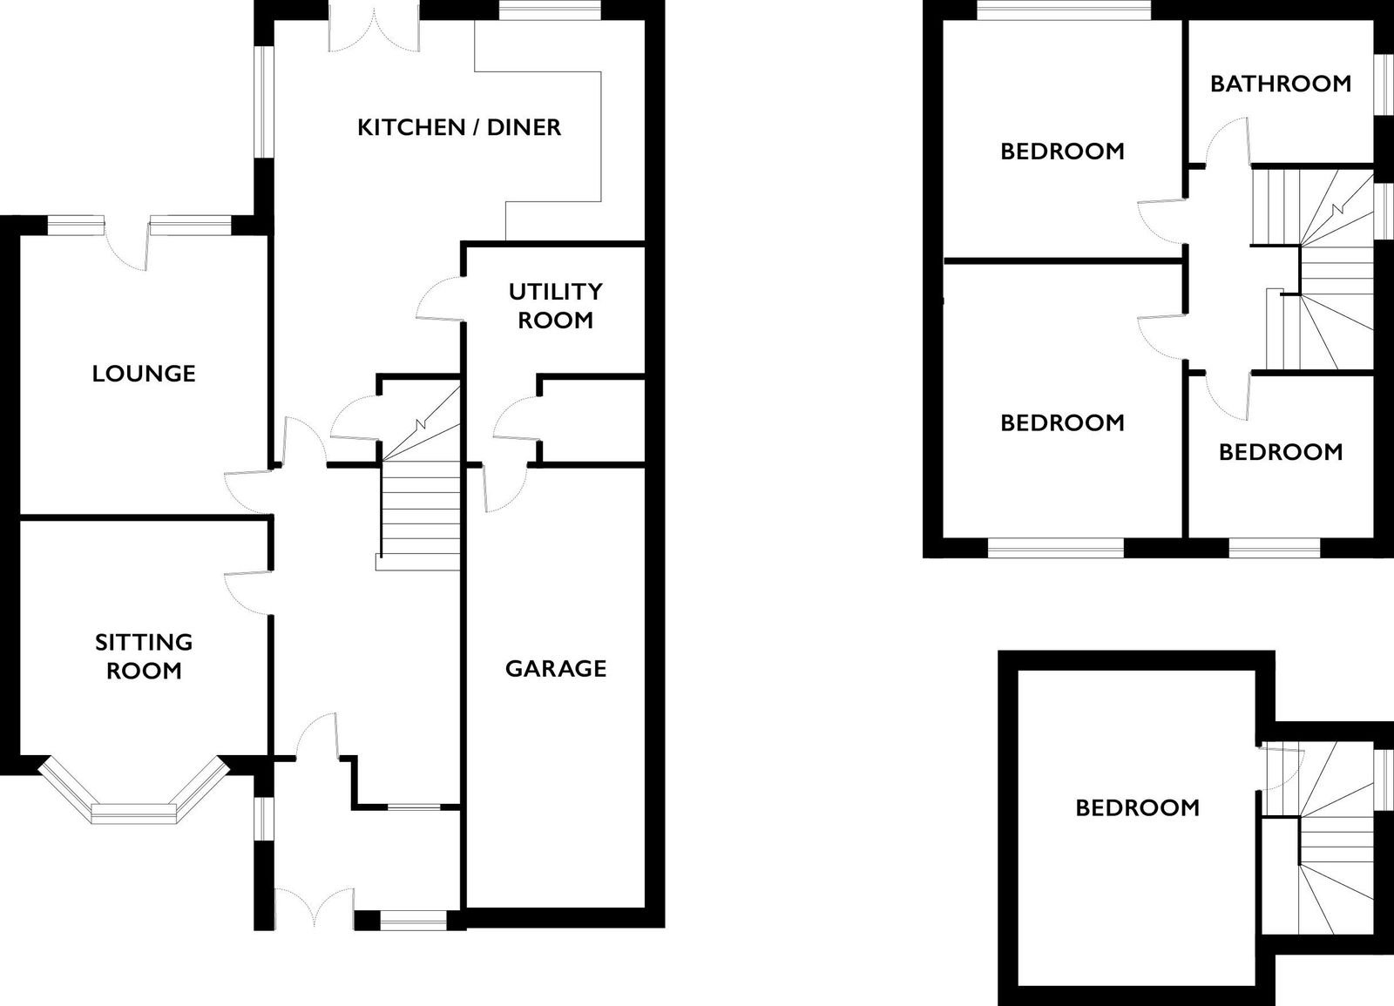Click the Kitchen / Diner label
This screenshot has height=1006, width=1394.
pos(459,127)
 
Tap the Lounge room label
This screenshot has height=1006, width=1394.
pos(144,374)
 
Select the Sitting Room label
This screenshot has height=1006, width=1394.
pos(144,657)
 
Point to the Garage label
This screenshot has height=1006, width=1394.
pos(556,668)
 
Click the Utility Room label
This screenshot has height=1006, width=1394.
pos(556,306)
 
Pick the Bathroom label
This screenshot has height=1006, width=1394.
pos(1281,84)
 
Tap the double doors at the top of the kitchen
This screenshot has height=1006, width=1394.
pos(375,28)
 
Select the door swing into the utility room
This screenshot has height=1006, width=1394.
pos(440,299)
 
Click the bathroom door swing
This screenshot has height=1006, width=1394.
pos(1228,140)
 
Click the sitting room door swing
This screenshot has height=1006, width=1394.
pos(247,592)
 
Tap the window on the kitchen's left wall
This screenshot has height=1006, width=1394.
pos(266,102)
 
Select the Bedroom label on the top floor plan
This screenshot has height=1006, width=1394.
pos(1138,808)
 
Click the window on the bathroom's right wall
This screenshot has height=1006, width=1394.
pos(1384,84)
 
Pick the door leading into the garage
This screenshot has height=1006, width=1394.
pos(504,489)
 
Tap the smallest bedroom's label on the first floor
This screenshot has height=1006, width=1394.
pos(1281,452)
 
